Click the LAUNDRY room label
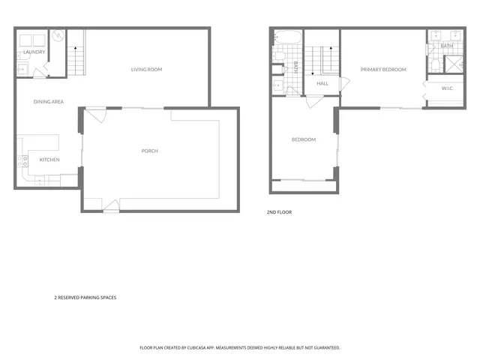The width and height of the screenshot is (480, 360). click(x=34, y=52)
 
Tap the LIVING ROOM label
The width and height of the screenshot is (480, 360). click(x=146, y=70)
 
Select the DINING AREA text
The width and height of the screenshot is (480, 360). click(x=48, y=100)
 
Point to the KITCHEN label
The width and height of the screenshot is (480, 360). click(x=49, y=160)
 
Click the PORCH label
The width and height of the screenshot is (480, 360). click(x=150, y=151)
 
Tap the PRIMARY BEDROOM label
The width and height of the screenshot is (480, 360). click(x=383, y=70)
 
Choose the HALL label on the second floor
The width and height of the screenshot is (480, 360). click(x=322, y=83)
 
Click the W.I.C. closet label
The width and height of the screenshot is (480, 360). click(x=448, y=88)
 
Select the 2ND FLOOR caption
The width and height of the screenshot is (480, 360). click(x=279, y=212)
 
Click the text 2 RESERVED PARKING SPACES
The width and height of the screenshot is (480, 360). click(x=85, y=297)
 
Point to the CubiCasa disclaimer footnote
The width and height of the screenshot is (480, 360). click(x=240, y=348)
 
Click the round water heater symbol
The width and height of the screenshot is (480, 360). click(x=58, y=35)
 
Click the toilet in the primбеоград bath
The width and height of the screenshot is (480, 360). click(x=431, y=50)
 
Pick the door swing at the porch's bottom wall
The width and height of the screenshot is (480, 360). click(x=110, y=204)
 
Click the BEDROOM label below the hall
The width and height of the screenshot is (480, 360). click(x=304, y=139)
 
